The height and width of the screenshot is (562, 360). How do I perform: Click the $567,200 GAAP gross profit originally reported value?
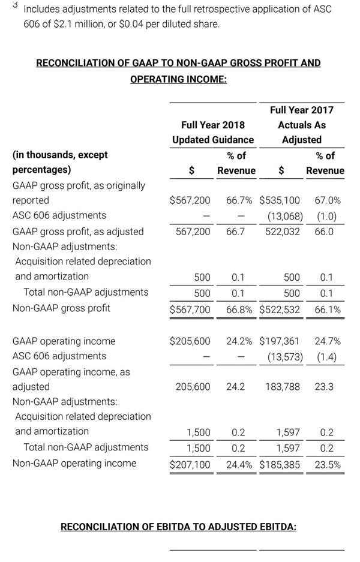190,200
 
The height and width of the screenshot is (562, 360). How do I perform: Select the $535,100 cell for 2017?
280,200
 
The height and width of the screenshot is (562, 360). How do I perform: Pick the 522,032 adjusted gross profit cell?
283,232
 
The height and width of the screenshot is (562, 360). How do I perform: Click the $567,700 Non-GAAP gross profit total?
190,309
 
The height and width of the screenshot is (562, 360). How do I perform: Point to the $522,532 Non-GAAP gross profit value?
280,309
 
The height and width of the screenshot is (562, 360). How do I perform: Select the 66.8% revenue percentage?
239,309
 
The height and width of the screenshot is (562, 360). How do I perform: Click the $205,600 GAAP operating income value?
190,341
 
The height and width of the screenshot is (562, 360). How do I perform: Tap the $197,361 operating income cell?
280,341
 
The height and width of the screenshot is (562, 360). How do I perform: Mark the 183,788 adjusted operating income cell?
283,387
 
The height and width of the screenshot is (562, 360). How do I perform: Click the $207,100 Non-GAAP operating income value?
190,464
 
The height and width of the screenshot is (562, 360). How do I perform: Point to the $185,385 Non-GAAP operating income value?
280,464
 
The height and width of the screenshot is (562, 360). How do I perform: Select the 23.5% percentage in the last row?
328,464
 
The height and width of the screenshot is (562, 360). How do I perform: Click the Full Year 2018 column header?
213,125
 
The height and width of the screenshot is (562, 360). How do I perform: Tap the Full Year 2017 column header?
302,110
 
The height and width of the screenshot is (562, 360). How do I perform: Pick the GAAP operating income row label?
64,341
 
